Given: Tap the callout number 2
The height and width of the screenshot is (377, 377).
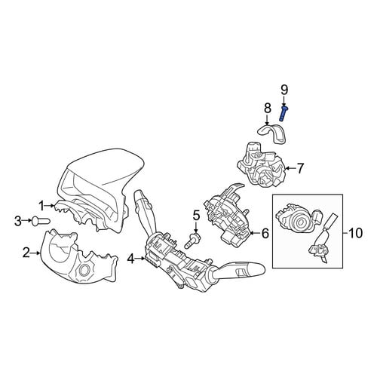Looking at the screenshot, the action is [26, 253].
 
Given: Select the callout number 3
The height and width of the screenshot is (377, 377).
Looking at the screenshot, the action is [18, 221].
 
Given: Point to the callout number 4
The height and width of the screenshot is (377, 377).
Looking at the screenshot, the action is [131, 259].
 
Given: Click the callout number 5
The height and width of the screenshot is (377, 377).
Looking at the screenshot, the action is [196, 216].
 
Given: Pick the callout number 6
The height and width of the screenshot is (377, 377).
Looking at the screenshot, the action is [265, 233].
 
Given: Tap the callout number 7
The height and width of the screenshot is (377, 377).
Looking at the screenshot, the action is [300, 168].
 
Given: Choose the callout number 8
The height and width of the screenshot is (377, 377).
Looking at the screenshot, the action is [268, 109].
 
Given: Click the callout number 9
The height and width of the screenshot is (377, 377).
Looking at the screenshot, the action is [284, 90].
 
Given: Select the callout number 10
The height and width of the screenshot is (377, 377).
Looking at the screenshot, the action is [356, 233].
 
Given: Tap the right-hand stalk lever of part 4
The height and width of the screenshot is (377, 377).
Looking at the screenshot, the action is [241, 271].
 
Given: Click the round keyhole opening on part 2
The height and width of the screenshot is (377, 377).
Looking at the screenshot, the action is [83, 271].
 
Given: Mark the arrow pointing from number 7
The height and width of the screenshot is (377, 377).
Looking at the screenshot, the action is [290, 168].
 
